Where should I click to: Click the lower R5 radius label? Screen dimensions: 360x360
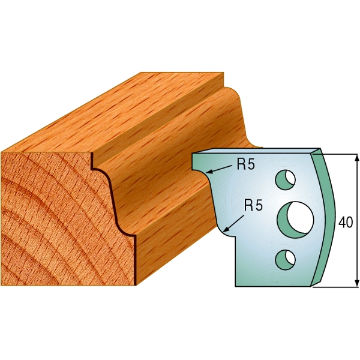coord(253,205)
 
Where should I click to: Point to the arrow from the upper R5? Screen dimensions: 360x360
coord(220,170)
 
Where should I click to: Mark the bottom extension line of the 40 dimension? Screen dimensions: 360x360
coord(336,287)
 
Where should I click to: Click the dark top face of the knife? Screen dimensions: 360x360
coord(258,150)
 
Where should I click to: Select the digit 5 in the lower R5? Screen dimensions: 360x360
coord(258,205)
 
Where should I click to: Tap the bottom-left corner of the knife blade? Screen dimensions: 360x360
coord(235,286)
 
